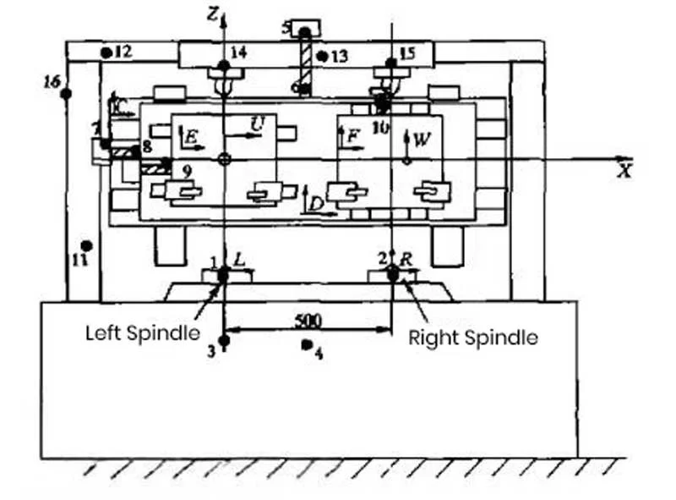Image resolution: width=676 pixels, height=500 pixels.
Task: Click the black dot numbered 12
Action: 106,52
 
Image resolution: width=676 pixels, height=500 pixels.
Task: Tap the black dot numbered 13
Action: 322,56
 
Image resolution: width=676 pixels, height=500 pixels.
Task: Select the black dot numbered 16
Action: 65,93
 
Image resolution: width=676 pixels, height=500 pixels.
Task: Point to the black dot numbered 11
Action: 86,245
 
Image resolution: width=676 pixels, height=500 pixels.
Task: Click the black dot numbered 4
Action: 307,347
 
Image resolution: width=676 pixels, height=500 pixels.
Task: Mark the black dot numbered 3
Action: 224,341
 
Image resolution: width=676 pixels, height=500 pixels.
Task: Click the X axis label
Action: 625,170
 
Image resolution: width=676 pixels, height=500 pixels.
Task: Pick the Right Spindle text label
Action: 473,338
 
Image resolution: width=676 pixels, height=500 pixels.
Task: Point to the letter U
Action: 255,125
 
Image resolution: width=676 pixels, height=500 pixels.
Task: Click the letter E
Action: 192,136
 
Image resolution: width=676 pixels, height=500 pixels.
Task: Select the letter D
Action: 315,204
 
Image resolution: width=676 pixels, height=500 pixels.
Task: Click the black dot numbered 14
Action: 223,65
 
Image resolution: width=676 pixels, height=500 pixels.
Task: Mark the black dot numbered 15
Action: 390,63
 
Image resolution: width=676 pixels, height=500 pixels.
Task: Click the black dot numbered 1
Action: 224,273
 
